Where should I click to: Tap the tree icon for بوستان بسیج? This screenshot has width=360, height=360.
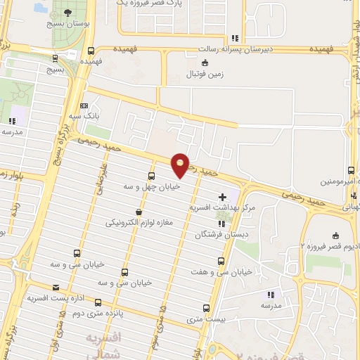coord(68,13)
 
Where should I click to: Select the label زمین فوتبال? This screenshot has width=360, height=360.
coord(204,74)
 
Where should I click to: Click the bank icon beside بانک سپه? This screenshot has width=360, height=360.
coord(85,105)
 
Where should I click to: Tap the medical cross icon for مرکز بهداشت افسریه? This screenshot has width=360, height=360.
coord(223,196)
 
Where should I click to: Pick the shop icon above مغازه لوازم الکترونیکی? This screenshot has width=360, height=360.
coord(139,212)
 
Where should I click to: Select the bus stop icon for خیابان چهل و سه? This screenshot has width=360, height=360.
coord(151,176)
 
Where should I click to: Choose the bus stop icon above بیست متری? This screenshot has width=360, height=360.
coord(206,308)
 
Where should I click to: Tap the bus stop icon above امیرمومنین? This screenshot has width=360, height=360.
coord(351,170)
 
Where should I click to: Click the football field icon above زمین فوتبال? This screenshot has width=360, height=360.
coord(205,63)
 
